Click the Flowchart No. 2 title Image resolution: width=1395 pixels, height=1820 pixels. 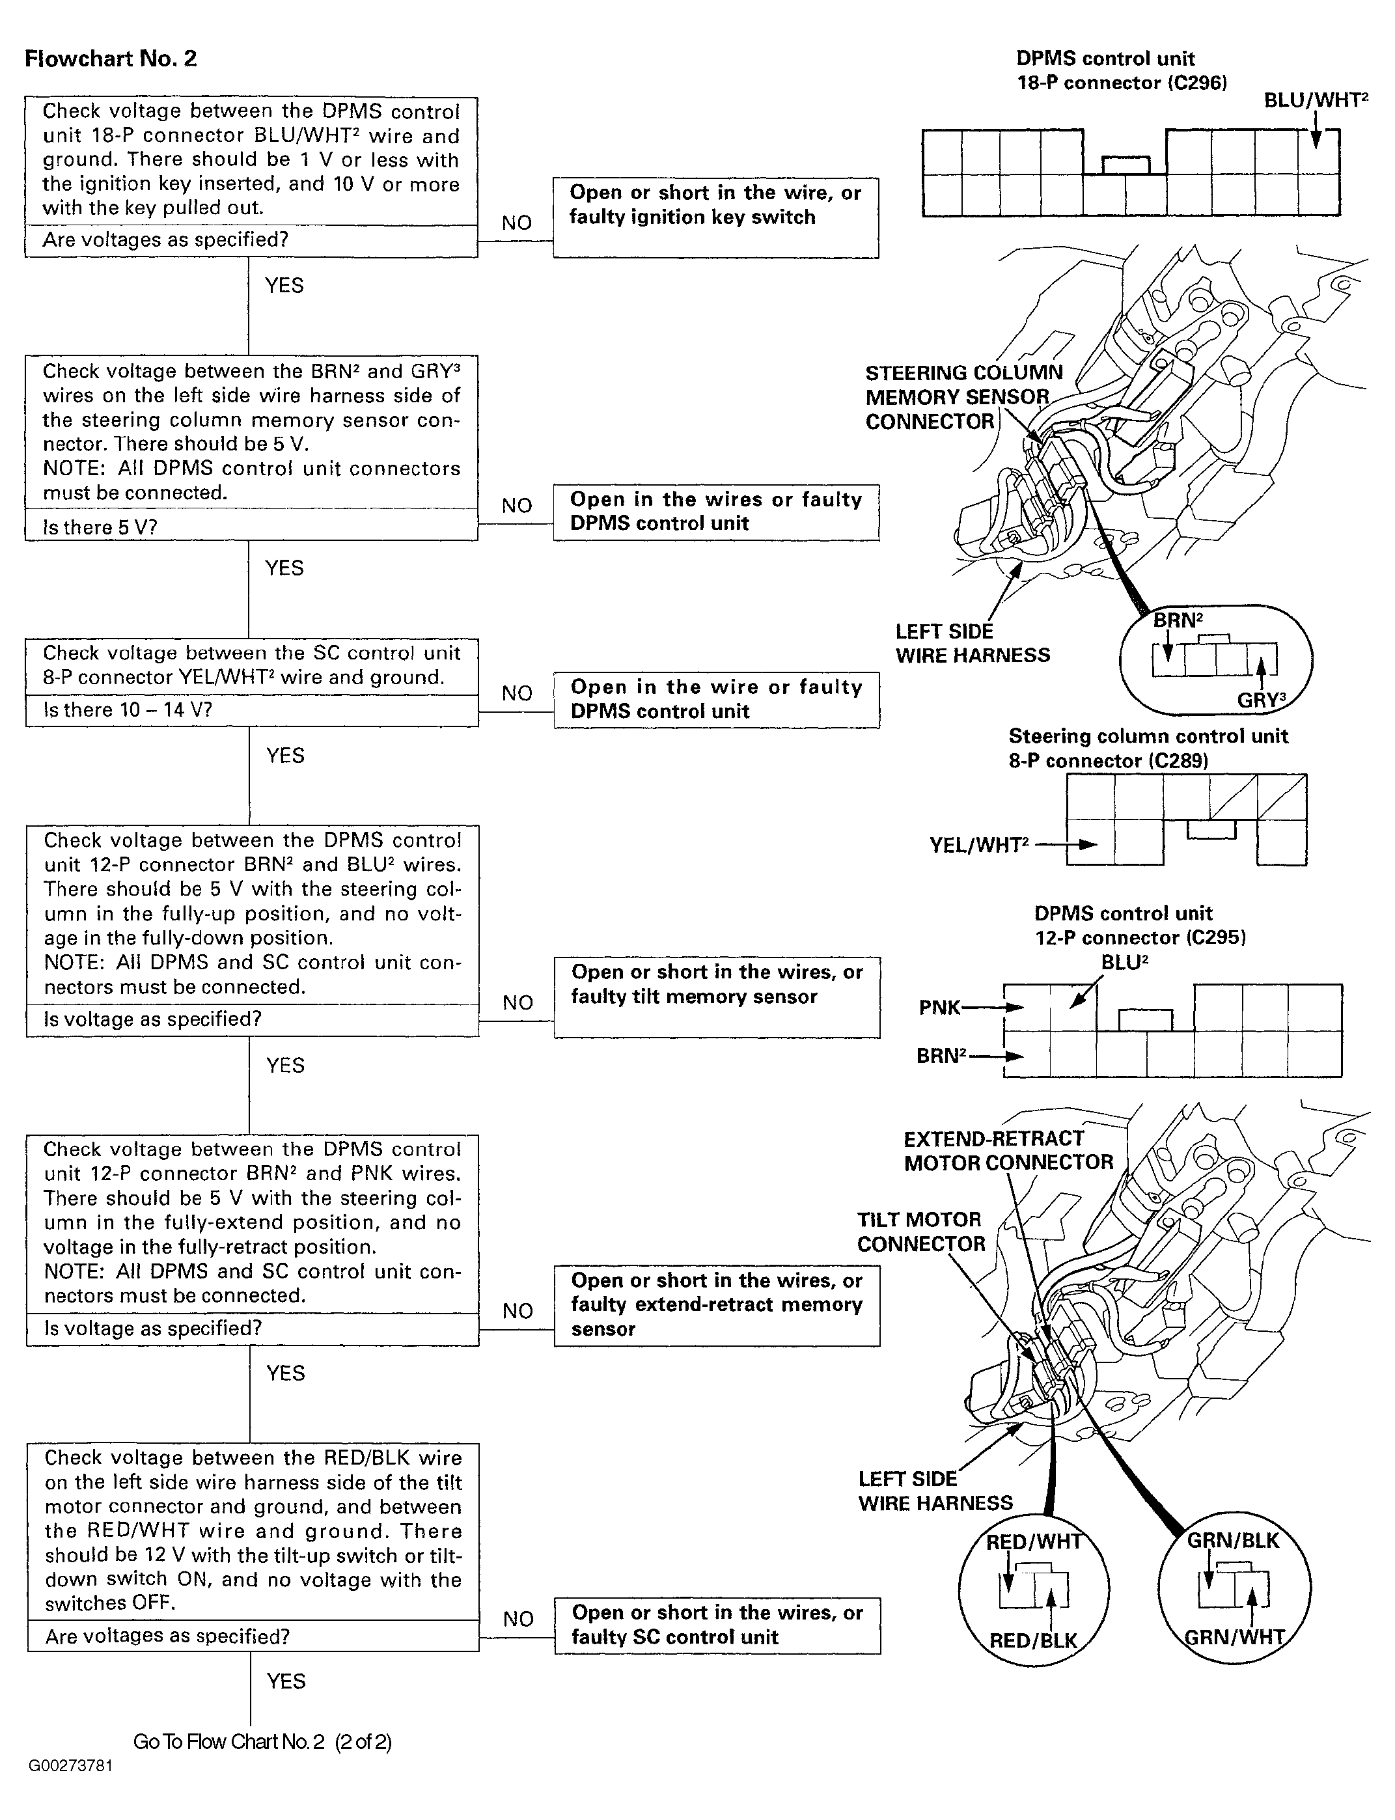pyautogui.click(x=111, y=59)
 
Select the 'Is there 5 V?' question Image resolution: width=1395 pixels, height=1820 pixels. pyautogui.click(x=100, y=527)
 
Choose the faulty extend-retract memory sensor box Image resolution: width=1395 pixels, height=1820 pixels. pyautogui.click(x=717, y=1304)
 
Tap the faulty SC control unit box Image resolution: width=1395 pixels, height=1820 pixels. pyautogui.click(x=717, y=1625)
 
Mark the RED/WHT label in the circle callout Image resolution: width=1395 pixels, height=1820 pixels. pyautogui.click(x=1034, y=1542)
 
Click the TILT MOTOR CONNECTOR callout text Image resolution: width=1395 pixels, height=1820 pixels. pyautogui.click(x=921, y=1232)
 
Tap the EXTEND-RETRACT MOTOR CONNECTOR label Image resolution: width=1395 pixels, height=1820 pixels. pyautogui.click(x=1007, y=1150)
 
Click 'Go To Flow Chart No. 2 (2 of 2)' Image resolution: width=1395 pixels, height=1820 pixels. pyautogui.click(x=262, y=1741)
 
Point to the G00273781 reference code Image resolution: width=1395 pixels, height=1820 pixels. pyautogui.click(x=70, y=1765)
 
